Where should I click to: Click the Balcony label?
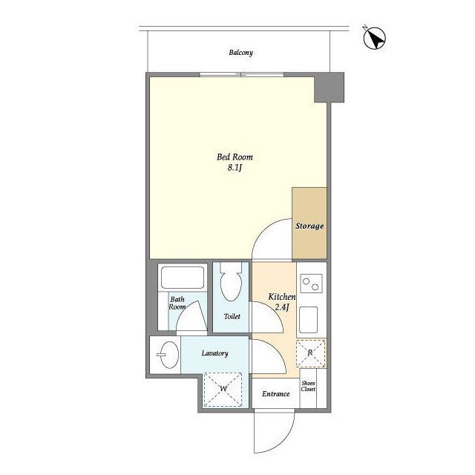(240, 53)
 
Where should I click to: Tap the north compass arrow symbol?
(374, 38)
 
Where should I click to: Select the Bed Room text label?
(235, 157)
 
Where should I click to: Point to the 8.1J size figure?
(235, 168)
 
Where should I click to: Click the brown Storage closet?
(309, 223)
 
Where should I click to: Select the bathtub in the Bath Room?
(183, 277)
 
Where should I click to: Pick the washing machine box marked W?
(223, 390)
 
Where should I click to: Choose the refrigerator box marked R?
(310, 353)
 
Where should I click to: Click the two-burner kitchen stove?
(311, 284)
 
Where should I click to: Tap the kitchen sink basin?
(309, 320)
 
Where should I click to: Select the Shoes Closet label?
(308, 386)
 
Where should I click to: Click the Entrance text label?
(275, 394)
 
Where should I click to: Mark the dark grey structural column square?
(329, 88)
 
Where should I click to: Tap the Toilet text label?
(232, 317)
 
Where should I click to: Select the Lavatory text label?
(214, 353)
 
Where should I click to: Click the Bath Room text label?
(177, 303)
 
